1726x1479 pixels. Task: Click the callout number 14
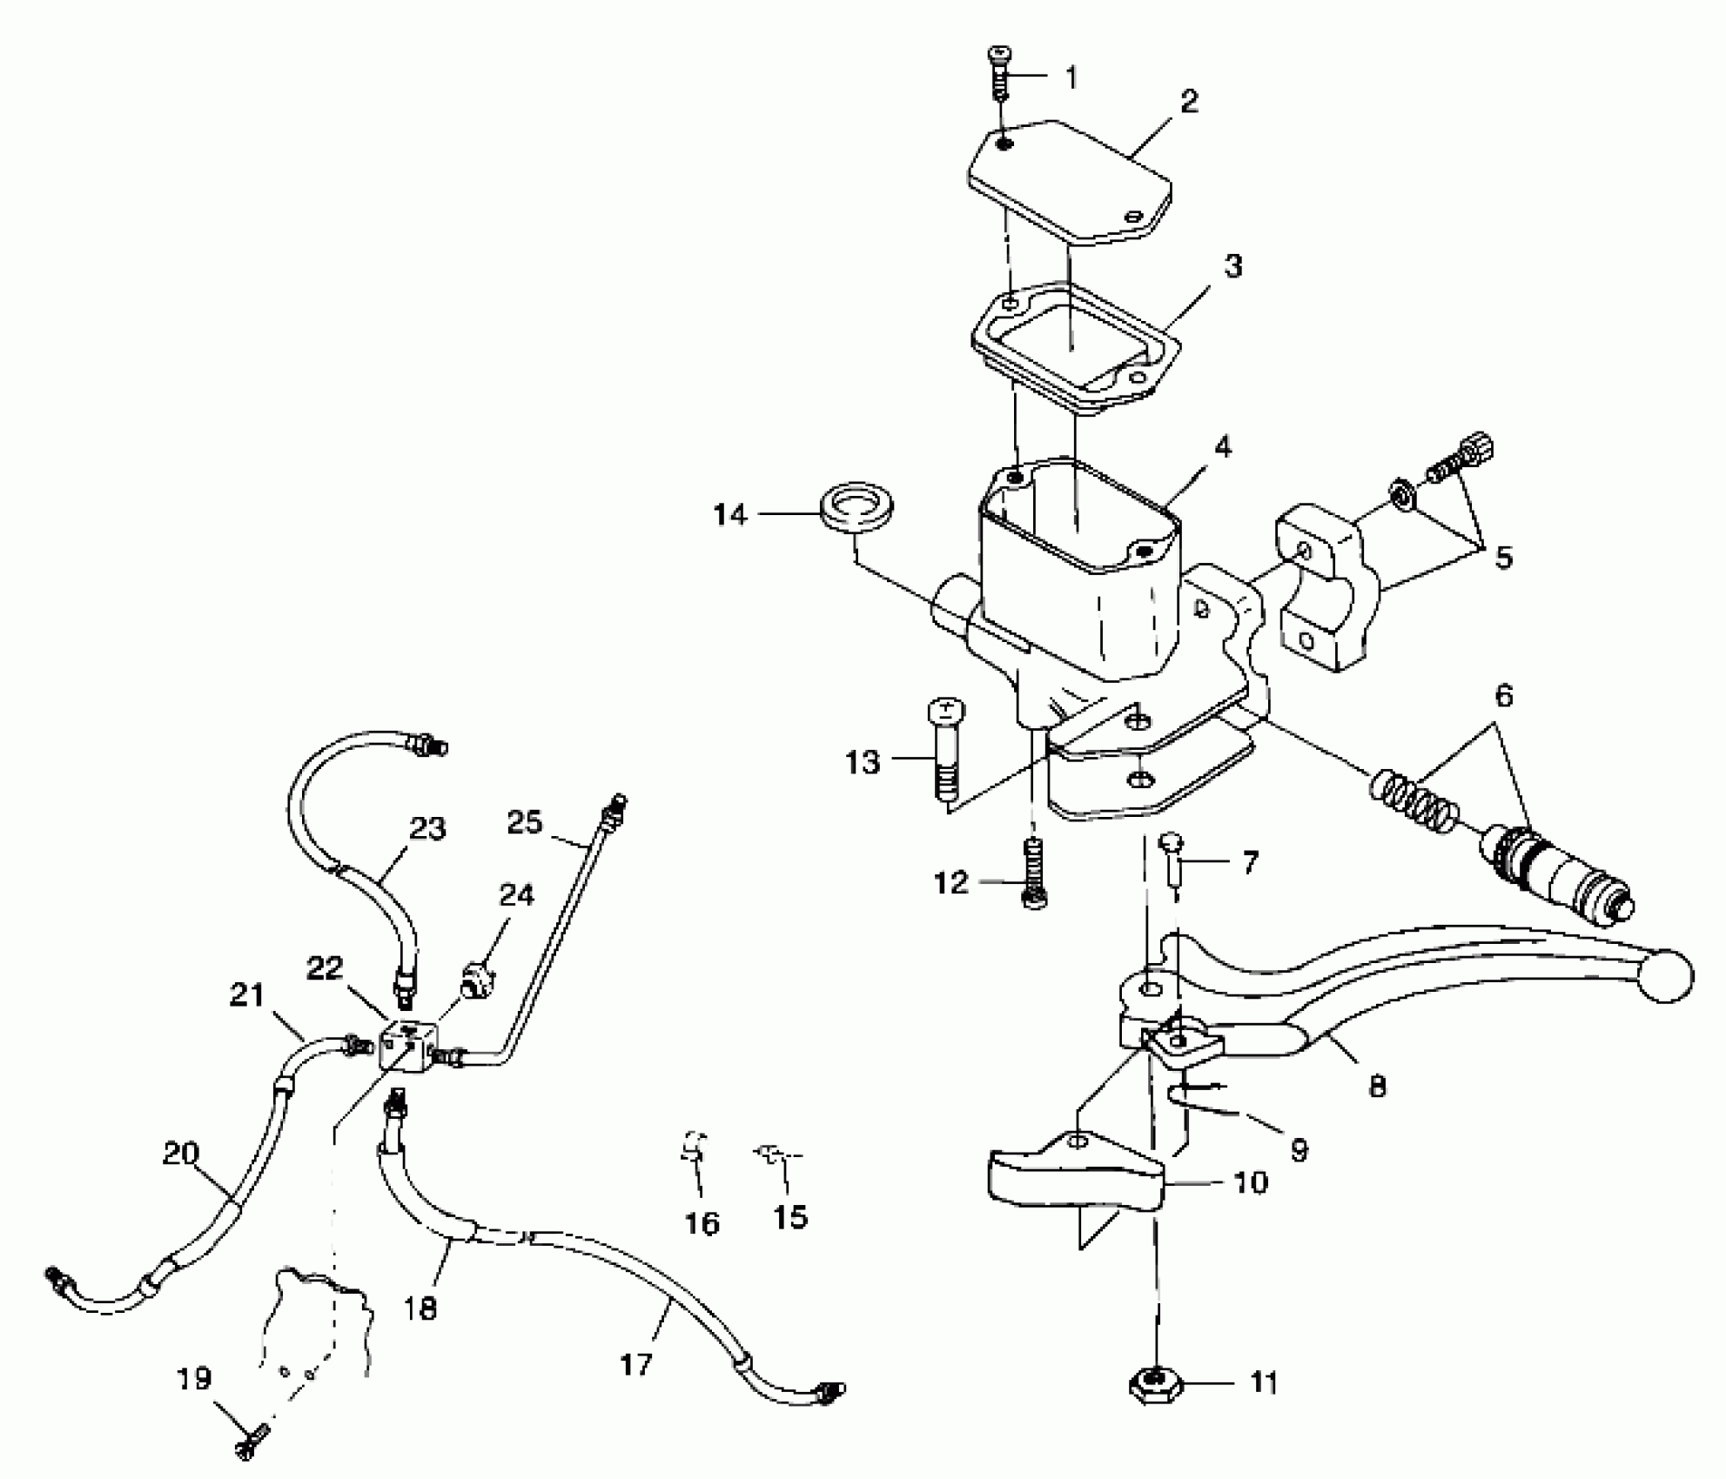(x=729, y=515)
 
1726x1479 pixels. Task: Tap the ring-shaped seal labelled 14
(x=858, y=508)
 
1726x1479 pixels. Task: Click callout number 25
(x=524, y=821)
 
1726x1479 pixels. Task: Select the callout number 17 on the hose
(x=636, y=1364)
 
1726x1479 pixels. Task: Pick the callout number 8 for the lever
(x=1377, y=1086)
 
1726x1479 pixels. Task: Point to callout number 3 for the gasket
(x=1232, y=266)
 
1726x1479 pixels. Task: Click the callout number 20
(x=180, y=1154)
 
